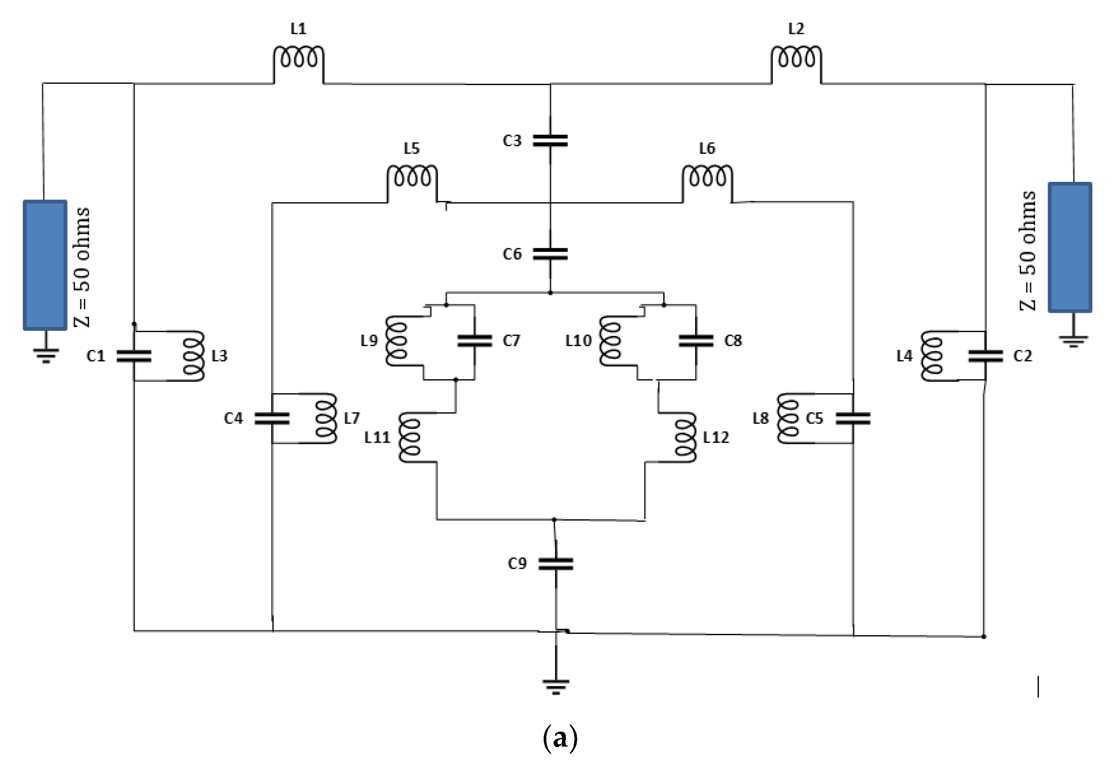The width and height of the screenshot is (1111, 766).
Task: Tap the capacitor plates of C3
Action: click(x=551, y=140)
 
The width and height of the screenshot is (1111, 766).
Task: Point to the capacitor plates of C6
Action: click(x=551, y=254)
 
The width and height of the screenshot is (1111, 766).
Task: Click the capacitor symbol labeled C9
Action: click(x=556, y=564)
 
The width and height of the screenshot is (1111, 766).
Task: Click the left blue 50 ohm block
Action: click(x=45, y=265)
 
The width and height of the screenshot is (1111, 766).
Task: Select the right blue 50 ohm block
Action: click(x=1070, y=247)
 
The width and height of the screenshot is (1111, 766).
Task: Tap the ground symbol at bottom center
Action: click(x=556, y=686)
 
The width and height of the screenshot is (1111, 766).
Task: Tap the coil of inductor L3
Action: click(x=194, y=356)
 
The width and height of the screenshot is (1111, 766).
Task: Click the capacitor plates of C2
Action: click(x=985, y=356)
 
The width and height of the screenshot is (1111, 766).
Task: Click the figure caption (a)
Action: click(x=560, y=738)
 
